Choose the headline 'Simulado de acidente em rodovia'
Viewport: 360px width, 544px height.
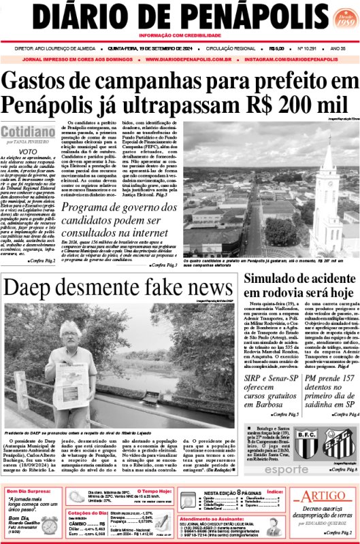tap(297, 285)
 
